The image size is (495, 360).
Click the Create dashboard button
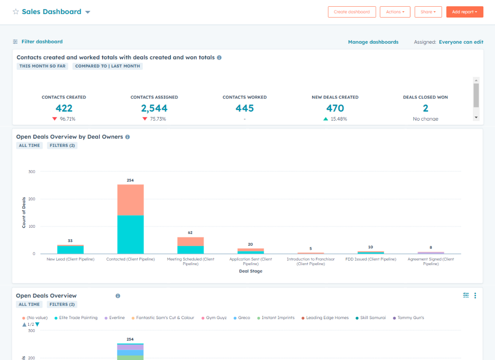351,12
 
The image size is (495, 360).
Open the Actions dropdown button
395,12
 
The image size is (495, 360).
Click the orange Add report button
464,12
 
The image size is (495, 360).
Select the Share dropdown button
428,12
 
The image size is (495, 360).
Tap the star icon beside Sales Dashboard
16,12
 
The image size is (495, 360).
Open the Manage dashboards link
373,42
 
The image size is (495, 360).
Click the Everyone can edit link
461,42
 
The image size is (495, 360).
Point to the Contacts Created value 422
64,108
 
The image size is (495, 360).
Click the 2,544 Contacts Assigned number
154,108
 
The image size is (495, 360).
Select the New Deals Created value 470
335,108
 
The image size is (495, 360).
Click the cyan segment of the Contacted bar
130,234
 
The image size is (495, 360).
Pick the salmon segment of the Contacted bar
130,200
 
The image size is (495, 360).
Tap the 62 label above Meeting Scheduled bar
190,233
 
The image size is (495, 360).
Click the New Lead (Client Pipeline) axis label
71,259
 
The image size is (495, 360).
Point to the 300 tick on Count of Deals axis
31,171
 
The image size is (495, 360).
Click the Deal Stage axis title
251,271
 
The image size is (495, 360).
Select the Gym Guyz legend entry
216,318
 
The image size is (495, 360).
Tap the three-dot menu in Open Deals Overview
475,296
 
